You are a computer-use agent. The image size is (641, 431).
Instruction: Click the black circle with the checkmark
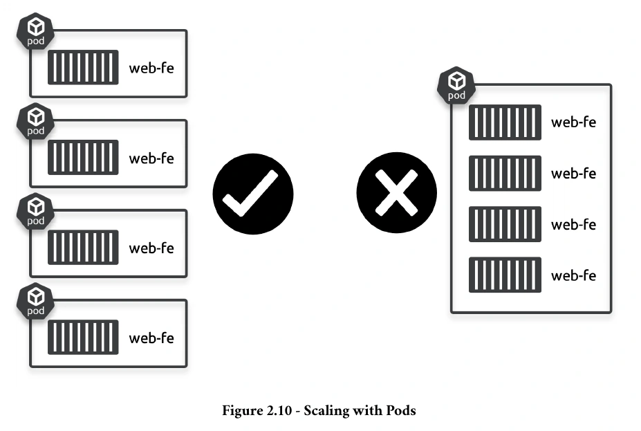click(x=253, y=194)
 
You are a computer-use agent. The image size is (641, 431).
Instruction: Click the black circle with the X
click(x=396, y=192)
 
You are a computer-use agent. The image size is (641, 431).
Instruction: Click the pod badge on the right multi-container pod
click(x=456, y=86)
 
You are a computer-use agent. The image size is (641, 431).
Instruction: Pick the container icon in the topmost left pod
click(x=83, y=68)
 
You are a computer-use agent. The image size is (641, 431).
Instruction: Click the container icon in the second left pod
click(x=83, y=158)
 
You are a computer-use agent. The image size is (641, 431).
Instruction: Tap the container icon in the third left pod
click(x=83, y=248)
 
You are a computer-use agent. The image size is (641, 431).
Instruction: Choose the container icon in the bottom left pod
click(x=83, y=338)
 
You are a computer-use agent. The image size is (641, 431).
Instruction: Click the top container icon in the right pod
click(x=505, y=122)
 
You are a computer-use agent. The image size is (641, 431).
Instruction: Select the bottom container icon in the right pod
click(x=505, y=275)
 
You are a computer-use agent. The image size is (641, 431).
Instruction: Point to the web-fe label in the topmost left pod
click(x=151, y=68)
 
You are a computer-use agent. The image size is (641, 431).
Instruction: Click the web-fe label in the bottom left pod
click(x=151, y=338)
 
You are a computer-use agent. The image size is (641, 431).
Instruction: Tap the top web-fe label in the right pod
click(x=573, y=122)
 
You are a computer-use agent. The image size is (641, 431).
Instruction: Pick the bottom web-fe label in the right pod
click(x=573, y=275)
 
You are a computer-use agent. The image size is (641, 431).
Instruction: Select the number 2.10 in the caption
click(x=279, y=410)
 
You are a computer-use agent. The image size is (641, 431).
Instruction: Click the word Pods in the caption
click(x=401, y=410)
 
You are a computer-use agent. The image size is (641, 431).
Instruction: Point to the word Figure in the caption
click(x=243, y=411)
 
